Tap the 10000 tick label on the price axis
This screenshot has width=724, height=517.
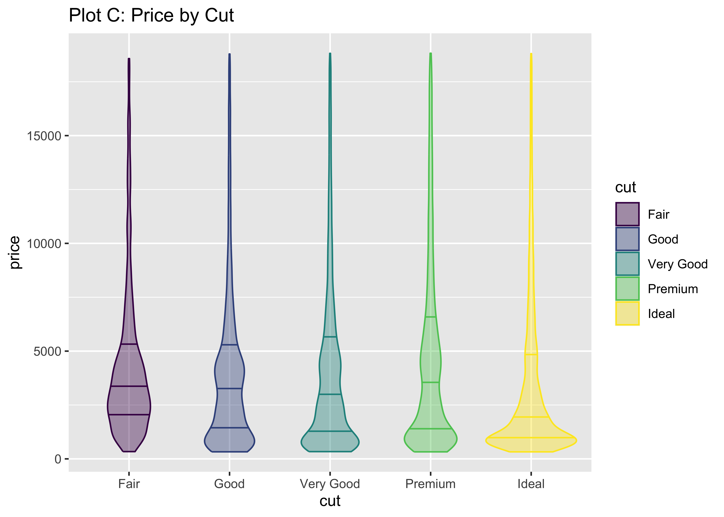coord(44,244)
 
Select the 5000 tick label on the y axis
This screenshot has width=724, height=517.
coord(47,351)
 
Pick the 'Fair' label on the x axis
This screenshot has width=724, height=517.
coord(129,484)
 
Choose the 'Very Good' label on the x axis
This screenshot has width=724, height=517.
coord(330,484)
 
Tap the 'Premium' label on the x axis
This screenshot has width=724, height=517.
coord(430,484)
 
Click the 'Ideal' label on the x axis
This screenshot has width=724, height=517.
coord(531,484)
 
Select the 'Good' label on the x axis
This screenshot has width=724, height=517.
coord(229,484)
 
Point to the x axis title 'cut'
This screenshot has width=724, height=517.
coord(330,501)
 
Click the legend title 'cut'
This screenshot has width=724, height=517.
coord(625,187)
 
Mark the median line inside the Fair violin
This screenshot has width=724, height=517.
coord(129,386)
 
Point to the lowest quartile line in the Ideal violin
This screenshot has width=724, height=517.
coord(531,437)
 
